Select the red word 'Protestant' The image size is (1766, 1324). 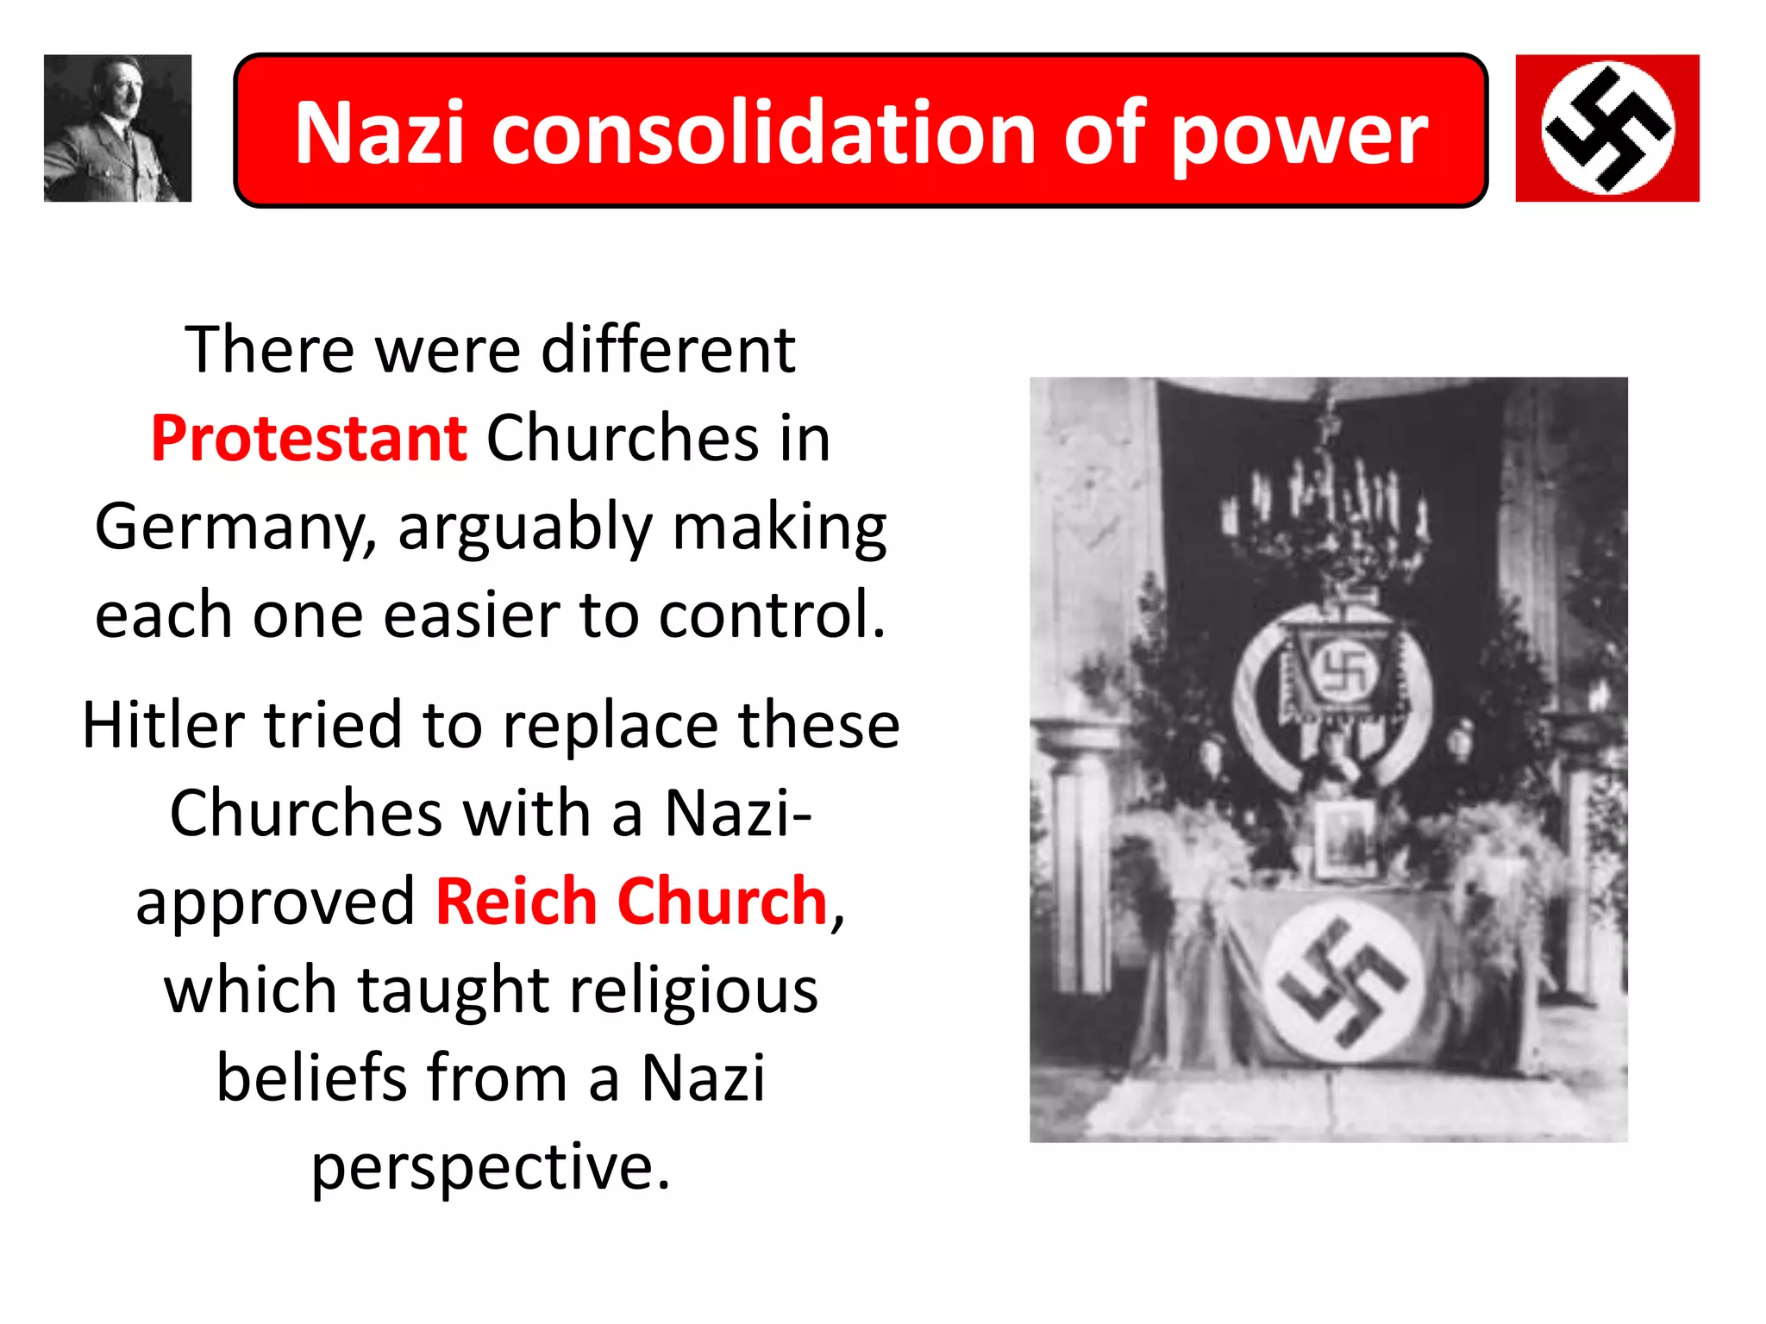tap(309, 438)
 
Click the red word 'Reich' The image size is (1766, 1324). tap(516, 902)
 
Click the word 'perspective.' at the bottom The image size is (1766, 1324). tap(491, 1167)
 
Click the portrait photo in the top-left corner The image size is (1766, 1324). tap(117, 128)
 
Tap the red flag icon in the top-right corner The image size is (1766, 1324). tap(1607, 128)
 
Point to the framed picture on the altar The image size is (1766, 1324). tap(1343, 838)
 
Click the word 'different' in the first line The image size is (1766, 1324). tap(667, 350)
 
